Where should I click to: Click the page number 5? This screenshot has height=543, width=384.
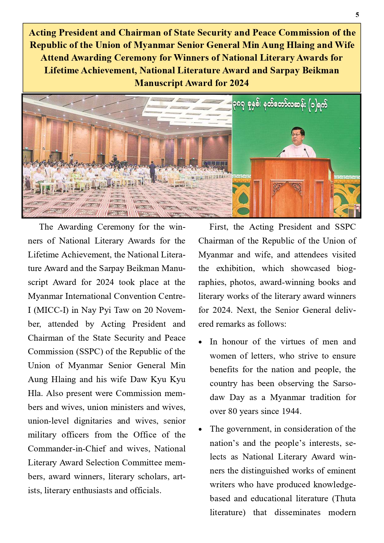(357, 15)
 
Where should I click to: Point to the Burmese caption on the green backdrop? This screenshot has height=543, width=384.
(280, 105)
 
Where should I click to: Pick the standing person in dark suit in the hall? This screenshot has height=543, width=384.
(152, 172)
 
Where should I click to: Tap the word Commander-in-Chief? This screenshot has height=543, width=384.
(67, 449)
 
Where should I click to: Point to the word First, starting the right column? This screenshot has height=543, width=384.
(219, 227)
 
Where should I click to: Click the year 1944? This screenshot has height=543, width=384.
(291, 411)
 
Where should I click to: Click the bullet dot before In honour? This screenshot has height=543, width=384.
(201, 343)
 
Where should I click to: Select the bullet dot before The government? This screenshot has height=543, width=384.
(201, 430)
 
